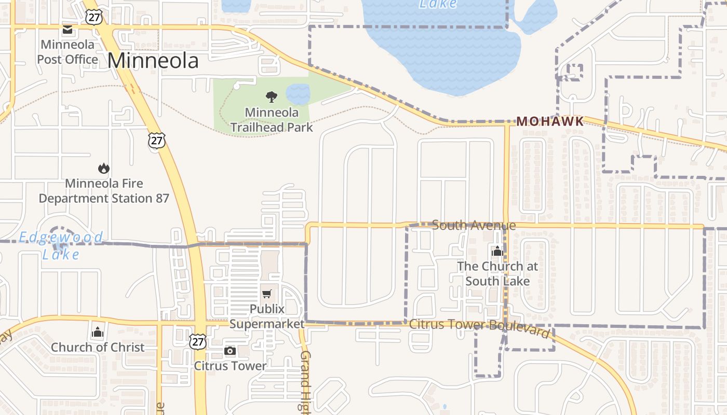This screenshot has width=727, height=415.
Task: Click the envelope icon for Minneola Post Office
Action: [x=68, y=30]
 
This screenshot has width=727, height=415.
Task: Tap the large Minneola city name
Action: [x=153, y=61]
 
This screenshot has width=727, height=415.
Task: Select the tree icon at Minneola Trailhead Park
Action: [x=271, y=96]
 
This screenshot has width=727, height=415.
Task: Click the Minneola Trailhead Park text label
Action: [x=272, y=120]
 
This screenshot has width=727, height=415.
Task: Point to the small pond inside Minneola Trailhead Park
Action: [x=298, y=94]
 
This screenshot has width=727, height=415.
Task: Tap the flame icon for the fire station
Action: [x=103, y=168]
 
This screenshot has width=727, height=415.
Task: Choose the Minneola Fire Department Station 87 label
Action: [x=104, y=191]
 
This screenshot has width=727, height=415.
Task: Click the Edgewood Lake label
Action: [x=61, y=246]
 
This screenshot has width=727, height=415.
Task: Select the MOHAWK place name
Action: [x=550, y=121]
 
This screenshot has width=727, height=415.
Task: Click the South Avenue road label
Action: [x=474, y=225]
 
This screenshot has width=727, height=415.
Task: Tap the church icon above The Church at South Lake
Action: [x=497, y=252]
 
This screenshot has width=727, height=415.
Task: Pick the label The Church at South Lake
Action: [x=497, y=273]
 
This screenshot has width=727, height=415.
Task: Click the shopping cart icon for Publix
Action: [x=267, y=294]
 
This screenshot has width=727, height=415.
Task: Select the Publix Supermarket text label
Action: [x=267, y=316]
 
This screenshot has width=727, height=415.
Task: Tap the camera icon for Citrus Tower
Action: [x=230, y=351]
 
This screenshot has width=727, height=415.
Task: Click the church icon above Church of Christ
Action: [x=98, y=332]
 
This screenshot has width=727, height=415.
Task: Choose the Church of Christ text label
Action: [x=98, y=348]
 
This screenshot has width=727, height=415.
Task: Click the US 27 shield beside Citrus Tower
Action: [x=197, y=341]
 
